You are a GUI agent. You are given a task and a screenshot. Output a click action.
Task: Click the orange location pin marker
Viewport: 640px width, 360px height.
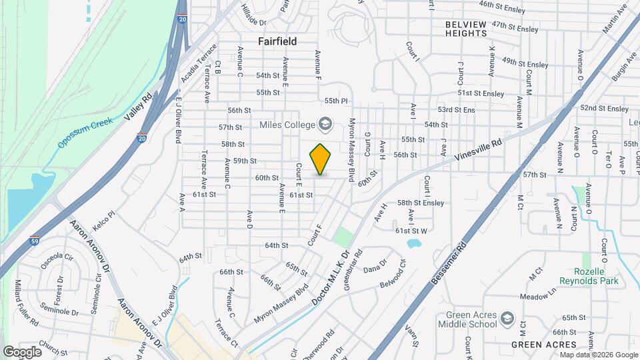321,159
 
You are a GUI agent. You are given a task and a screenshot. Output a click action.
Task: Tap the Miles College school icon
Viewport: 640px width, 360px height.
325,123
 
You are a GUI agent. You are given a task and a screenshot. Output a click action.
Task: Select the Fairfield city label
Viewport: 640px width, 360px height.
277,41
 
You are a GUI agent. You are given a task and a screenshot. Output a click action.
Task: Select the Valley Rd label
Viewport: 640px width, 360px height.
138,107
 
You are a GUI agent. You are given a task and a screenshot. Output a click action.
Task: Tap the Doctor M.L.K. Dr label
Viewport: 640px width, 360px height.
331,277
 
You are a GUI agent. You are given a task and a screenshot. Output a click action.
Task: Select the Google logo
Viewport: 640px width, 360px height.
22,351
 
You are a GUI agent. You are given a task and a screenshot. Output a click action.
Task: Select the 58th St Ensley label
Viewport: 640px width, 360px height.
420,202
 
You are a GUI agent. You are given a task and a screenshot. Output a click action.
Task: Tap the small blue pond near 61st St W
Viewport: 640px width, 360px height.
415,243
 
